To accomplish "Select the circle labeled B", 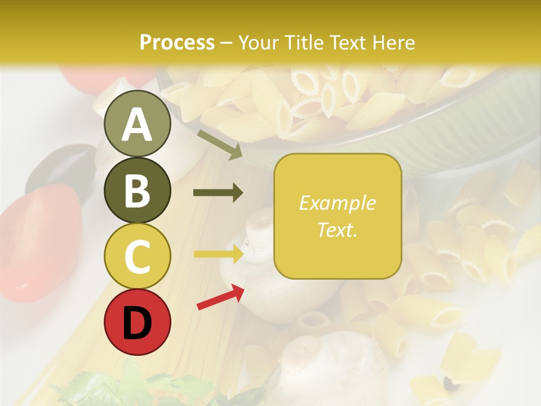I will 138,190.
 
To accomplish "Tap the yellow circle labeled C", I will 138,256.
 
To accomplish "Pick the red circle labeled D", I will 138,322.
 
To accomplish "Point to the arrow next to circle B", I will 218,193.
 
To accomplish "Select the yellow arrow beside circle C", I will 218,254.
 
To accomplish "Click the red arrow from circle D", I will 220,297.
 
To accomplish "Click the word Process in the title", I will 177,42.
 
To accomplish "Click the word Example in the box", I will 338,203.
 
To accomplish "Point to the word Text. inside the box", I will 338,230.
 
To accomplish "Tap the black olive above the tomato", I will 56,166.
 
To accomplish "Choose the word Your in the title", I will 258,42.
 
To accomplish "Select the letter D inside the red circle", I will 138,323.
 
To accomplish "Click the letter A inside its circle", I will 138,125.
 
